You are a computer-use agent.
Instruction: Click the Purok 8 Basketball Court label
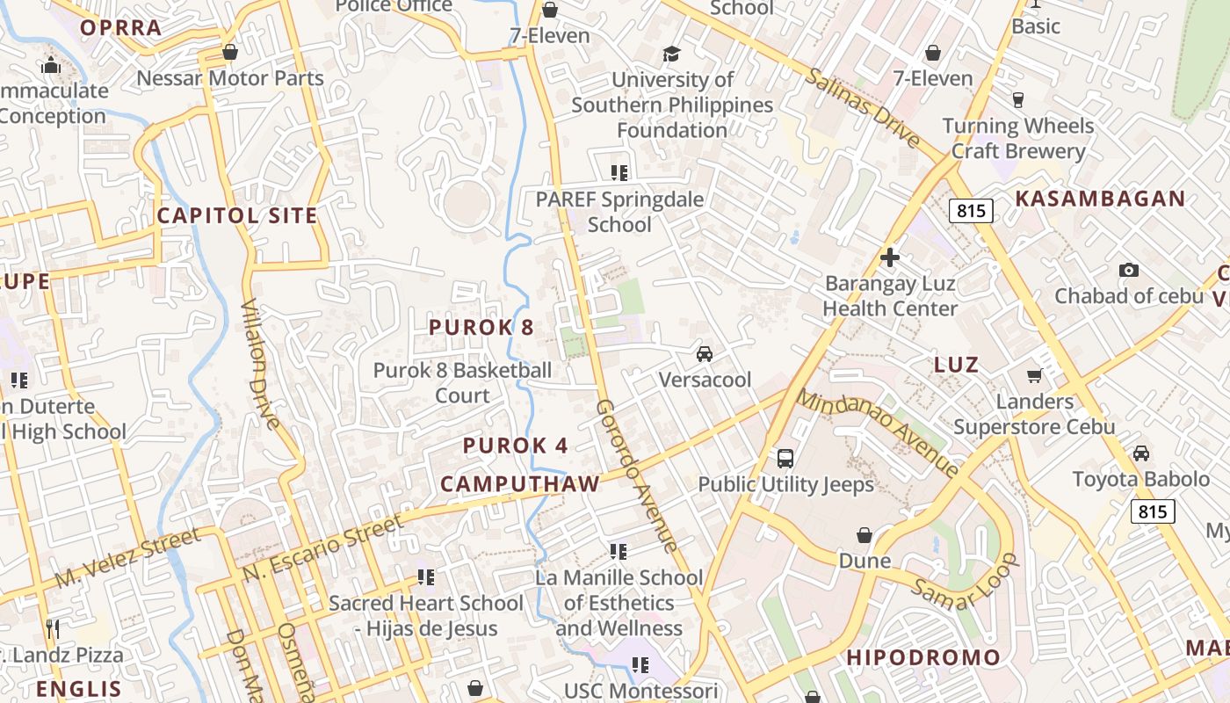[462, 383]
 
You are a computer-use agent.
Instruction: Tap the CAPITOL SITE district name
[236, 215]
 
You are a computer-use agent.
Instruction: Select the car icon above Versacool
[704, 354]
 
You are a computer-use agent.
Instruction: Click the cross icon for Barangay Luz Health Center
[889, 257]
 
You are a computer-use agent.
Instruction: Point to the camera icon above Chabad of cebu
[1129, 271]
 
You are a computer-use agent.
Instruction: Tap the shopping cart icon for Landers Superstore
[1034, 376]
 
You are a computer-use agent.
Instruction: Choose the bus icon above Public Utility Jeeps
[785, 458]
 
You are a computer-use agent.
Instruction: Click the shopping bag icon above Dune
[865, 535]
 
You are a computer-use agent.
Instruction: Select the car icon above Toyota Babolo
[1140, 453]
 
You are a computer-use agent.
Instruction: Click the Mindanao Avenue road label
[878, 433]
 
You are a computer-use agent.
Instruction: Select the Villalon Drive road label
[260, 362]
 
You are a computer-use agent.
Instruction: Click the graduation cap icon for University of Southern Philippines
[672, 54]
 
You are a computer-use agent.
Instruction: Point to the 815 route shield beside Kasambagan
[971, 211]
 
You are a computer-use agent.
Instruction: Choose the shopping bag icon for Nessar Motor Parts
[230, 53]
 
